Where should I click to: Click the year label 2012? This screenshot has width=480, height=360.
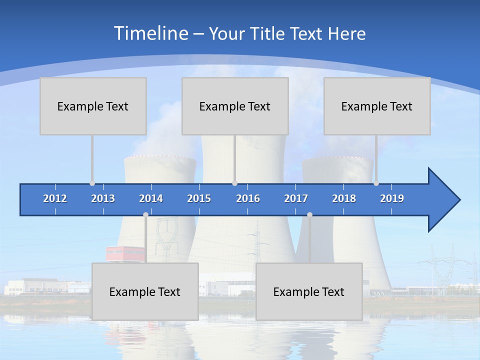click(x=55, y=198)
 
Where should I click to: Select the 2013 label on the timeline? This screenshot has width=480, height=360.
click(x=103, y=198)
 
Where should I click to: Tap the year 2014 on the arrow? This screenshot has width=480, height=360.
click(x=151, y=198)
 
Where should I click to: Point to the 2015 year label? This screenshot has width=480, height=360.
click(x=199, y=198)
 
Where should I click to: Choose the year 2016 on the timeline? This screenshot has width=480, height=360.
click(x=248, y=198)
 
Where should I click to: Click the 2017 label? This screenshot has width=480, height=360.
click(x=296, y=198)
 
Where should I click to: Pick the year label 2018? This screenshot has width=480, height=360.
click(x=344, y=198)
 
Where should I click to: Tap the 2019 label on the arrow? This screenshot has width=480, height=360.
click(x=392, y=198)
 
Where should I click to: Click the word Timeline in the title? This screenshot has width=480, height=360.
click(x=150, y=33)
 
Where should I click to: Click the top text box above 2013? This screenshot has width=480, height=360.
click(x=93, y=106)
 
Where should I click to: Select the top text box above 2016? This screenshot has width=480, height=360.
click(x=235, y=106)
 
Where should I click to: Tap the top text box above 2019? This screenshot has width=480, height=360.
click(x=377, y=106)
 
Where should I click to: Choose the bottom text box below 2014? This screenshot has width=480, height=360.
click(x=145, y=291)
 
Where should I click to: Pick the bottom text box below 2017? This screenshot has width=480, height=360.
click(x=309, y=291)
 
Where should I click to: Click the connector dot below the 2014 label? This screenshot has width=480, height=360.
click(x=145, y=214)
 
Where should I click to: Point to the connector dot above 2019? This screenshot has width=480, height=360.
click(x=376, y=183)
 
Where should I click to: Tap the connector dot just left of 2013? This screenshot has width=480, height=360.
click(x=92, y=183)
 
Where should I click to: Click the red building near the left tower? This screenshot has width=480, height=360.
click(x=124, y=253)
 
